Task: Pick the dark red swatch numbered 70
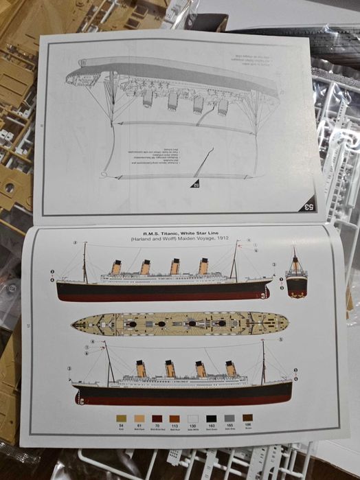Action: (157, 418)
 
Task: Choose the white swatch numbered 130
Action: (193, 418)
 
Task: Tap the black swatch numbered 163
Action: (211, 418)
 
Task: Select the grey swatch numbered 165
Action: (229, 418)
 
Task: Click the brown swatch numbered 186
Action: (247, 418)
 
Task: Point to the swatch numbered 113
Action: (175, 418)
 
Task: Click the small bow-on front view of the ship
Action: (296, 275)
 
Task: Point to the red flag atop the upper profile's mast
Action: (238, 243)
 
